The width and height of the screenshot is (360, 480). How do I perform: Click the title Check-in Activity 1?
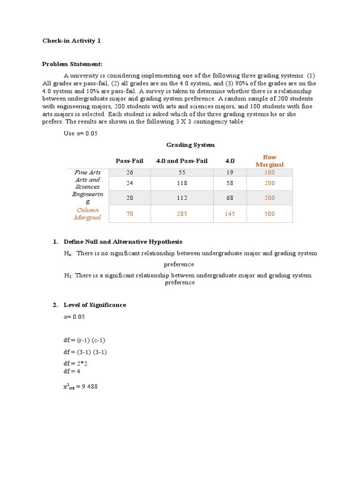click(72, 41)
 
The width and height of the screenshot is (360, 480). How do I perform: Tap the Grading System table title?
click(190, 145)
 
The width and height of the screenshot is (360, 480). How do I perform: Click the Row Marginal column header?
click(270, 161)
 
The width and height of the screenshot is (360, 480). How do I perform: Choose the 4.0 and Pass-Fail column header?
click(182, 161)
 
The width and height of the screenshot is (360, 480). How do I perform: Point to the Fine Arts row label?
click(88, 172)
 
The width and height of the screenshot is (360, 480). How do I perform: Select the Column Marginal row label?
click(88, 214)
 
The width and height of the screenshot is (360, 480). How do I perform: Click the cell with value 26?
click(129, 172)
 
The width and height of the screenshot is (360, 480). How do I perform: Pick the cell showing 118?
click(182, 183)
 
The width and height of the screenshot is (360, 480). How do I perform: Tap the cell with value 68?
click(230, 198)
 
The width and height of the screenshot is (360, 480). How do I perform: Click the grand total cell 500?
click(270, 214)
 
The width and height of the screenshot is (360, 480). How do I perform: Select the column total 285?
click(182, 214)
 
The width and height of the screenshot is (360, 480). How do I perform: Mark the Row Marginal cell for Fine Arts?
click(270, 172)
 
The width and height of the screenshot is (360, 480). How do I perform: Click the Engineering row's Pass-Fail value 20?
click(129, 198)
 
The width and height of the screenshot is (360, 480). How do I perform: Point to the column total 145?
click(230, 214)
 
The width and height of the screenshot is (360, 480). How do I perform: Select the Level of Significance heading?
click(95, 305)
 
